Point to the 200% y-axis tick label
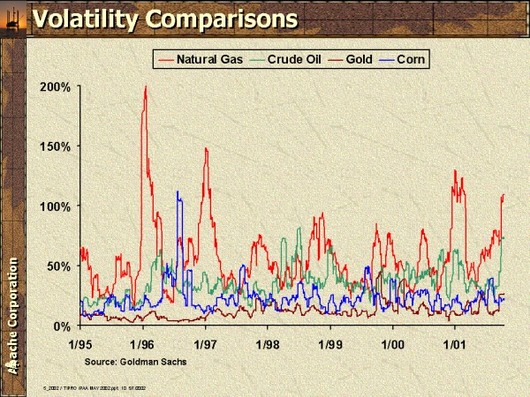coord(57,86)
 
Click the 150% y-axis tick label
coord(57,146)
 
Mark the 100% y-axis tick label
coord(57,206)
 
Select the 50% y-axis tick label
coord(60,266)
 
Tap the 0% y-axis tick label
coord(64,326)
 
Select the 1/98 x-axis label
coord(268,342)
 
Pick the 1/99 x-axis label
coord(330,342)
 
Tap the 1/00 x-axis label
coord(392,342)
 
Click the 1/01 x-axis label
coord(455,342)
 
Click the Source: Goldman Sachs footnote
coord(136,362)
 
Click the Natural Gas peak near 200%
coord(145,87)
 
